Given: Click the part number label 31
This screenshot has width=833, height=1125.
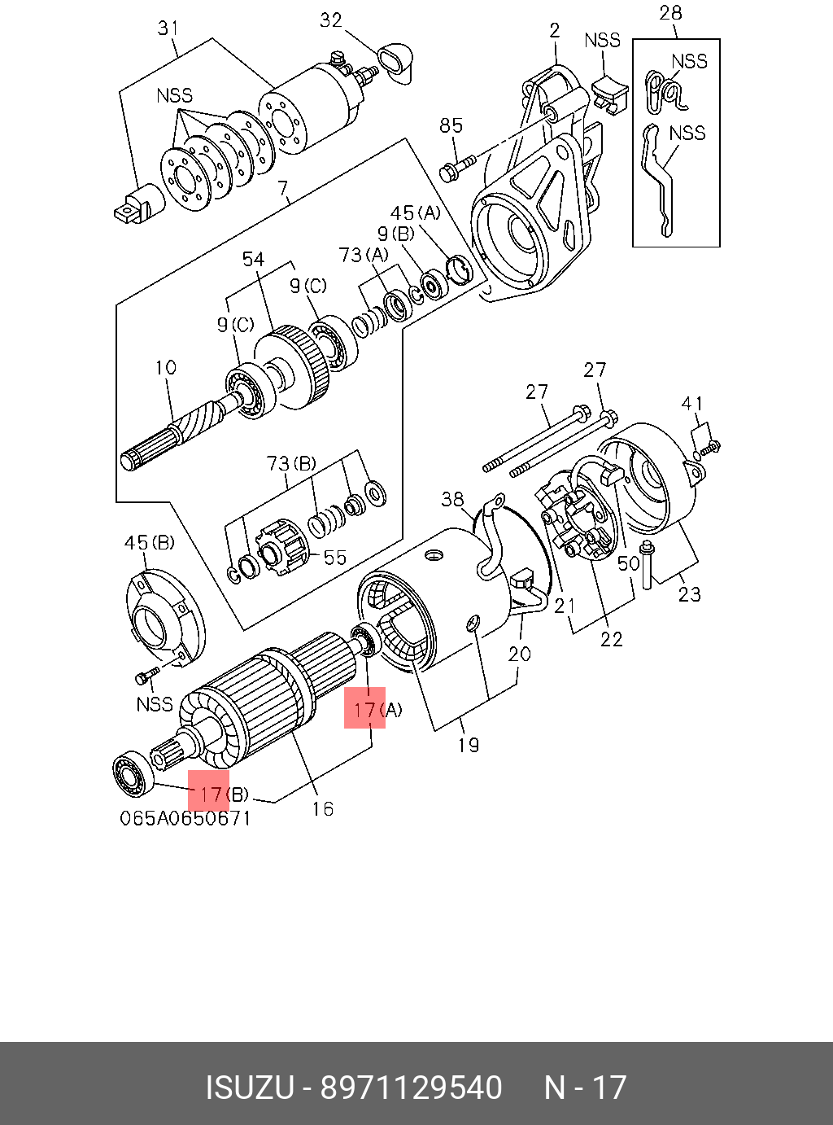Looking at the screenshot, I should click(168, 28).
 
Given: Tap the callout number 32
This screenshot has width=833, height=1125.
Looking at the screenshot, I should click(331, 20).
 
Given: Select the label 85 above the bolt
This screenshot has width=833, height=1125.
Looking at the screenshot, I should click(451, 125).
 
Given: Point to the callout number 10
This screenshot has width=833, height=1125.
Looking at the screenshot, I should click(165, 368).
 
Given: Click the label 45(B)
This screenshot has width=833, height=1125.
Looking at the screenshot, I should click(149, 543).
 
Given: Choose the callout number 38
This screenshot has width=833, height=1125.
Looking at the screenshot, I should click(452, 498).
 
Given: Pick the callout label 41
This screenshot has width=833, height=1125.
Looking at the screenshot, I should click(692, 404).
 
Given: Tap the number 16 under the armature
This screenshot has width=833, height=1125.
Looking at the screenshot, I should click(322, 808).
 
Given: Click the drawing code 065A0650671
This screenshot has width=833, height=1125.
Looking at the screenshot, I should click(185, 818).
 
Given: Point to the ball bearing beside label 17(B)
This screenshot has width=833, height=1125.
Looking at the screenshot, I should click(131, 773).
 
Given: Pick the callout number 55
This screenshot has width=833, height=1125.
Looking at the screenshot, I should click(334, 558).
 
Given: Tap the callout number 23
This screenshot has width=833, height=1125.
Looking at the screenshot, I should click(689, 594).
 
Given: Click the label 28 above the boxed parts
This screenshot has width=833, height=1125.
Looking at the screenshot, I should click(670, 13).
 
